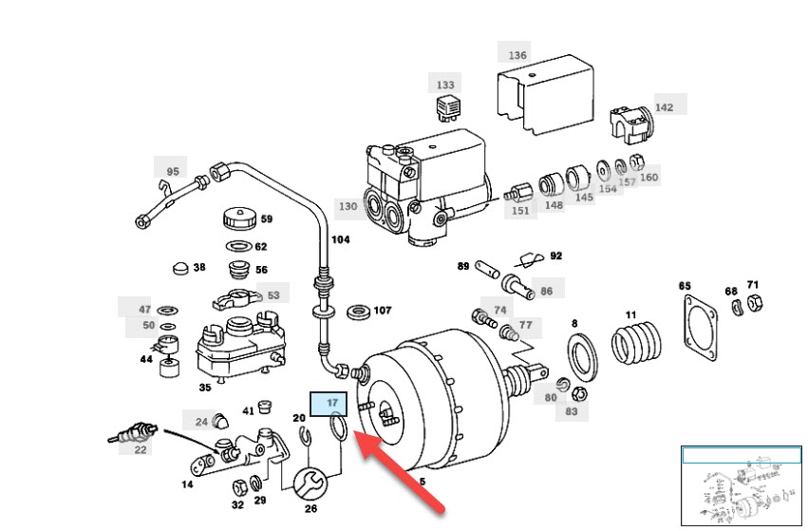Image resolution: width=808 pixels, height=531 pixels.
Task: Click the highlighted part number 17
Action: [332, 403]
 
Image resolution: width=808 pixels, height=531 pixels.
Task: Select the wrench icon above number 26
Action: [309, 483]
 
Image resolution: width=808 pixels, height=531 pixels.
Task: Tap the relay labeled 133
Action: [446, 106]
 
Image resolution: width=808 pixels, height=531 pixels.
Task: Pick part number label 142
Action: [664, 107]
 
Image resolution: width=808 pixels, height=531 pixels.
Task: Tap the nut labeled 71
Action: [753, 305]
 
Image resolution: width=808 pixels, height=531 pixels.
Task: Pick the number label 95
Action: [172, 172]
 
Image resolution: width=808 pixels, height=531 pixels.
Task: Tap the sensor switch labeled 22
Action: [130, 438]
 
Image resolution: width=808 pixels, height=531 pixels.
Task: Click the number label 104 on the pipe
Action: [340, 240]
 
